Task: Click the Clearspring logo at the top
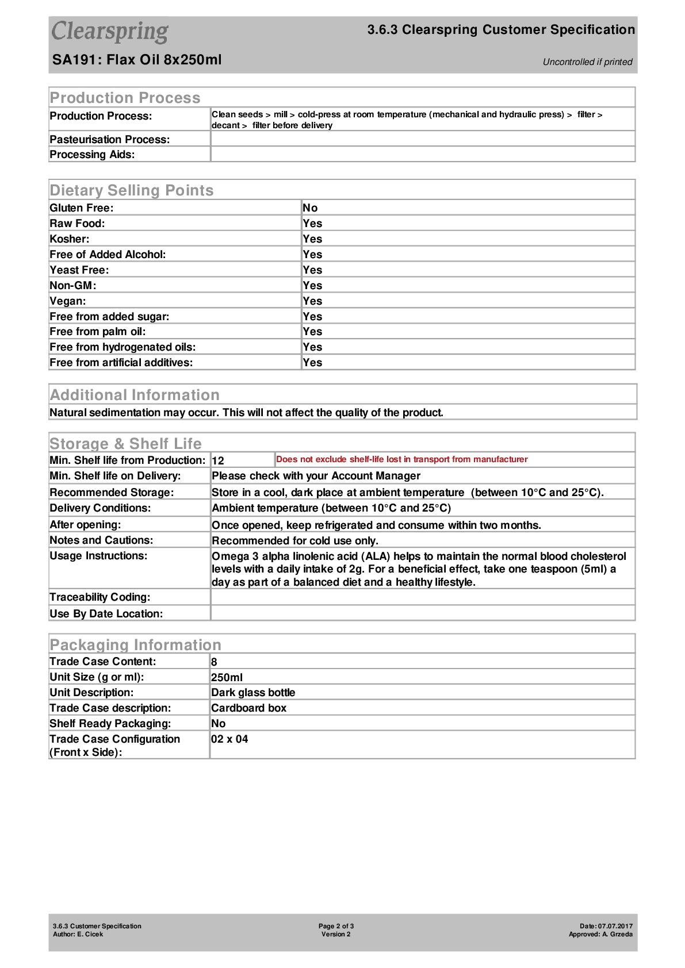tap(110, 32)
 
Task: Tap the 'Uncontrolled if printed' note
tap(587, 62)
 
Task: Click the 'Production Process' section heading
tap(125, 98)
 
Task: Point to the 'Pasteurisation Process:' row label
tap(109, 139)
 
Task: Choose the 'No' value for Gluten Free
tap(310, 208)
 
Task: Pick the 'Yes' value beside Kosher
tap(312, 239)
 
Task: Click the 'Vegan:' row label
tap(68, 301)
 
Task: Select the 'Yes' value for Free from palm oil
tap(312, 332)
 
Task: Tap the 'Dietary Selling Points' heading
tap(131, 190)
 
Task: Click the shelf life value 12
tap(218, 460)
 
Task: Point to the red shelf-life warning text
tap(401, 459)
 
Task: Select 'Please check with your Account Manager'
tap(316, 476)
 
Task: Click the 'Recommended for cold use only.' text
tap(294, 541)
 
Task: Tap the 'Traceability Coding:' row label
tap(100, 597)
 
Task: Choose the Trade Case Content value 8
tap(214, 662)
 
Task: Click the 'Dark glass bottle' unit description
tap(253, 693)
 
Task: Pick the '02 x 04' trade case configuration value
tap(229, 739)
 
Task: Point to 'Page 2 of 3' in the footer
tap(336, 926)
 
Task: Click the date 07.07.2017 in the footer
tap(615, 926)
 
